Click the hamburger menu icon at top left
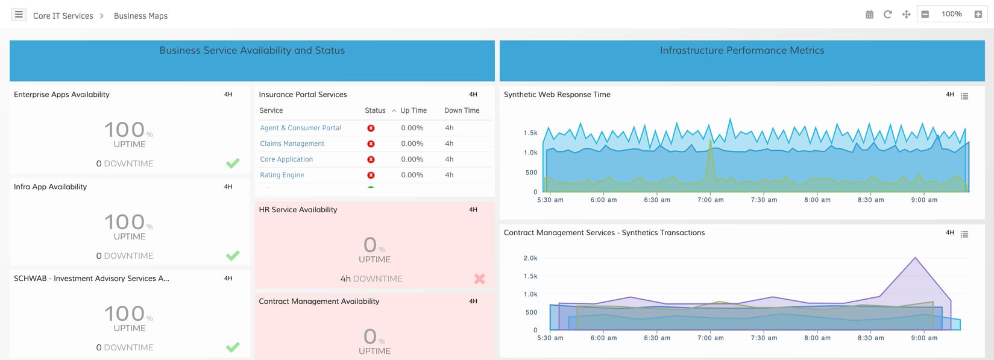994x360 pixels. [x=19, y=14]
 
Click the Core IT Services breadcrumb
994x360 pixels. [x=63, y=16]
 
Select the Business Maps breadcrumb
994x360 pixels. [x=140, y=16]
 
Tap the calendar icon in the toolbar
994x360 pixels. [x=869, y=14]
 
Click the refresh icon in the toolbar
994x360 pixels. [x=887, y=14]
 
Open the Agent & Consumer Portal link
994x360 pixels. [x=300, y=128]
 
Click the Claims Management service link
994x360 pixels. [x=292, y=144]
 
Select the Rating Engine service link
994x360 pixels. [x=282, y=175]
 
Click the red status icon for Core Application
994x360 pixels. [x=371, y=159]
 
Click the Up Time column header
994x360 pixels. [x=413, y=110]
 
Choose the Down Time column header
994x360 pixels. [x=462, y=110]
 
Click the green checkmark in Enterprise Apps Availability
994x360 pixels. [x=233, y=163]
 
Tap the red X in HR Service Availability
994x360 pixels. [x=479, y=279]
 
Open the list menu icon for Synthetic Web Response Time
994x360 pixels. [x=964, y=96]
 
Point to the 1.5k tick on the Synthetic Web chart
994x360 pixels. [x=530, y=133]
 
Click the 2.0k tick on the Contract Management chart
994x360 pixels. [x=530, y=258]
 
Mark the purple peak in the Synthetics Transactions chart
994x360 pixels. [x=915, y=258]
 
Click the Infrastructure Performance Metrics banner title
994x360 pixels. [x=741, y=51]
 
